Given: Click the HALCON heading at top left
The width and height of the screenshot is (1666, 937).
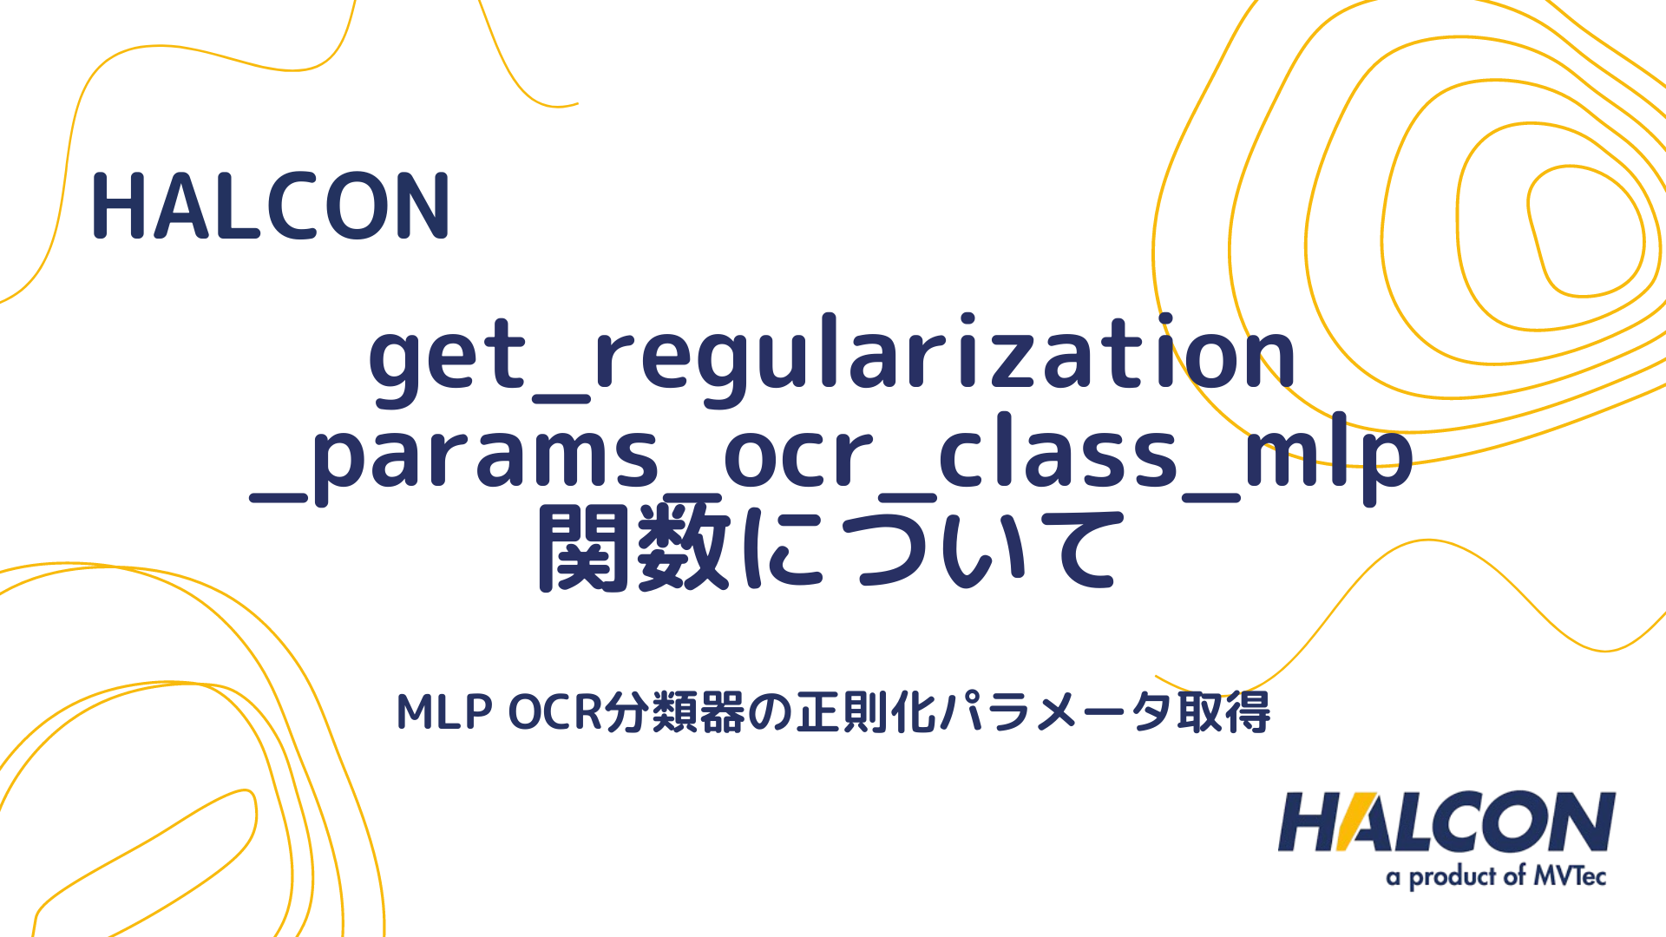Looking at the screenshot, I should click(x=271, y=206).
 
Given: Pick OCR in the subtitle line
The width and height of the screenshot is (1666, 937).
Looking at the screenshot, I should click(x=554, y=712).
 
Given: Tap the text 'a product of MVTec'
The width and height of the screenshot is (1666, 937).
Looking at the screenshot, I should click(x=1496, y=876).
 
